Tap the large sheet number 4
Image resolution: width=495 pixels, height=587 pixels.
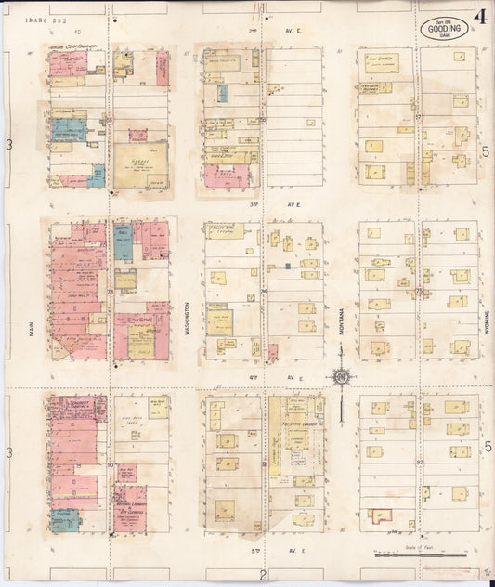[480, 18]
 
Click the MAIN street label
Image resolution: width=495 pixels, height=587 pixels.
[31, 325]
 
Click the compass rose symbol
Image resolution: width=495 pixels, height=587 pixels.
[342, 376]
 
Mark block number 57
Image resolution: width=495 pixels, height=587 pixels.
[419, 118]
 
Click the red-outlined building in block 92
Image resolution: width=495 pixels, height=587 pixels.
[379, 516]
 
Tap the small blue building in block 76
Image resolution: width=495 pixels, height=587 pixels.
[288, 267]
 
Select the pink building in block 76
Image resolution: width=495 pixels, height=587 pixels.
[273, 352]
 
